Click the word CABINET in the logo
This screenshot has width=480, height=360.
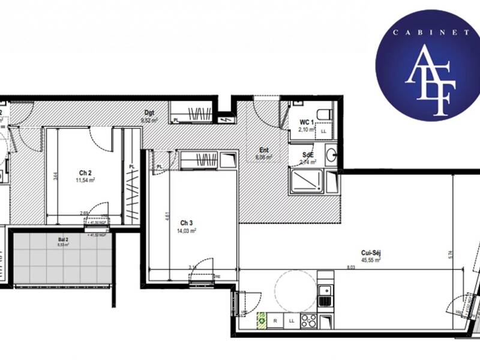tap(428, 33)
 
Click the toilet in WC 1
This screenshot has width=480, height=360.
tap(324, 113)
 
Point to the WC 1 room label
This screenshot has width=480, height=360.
tap(307, 122)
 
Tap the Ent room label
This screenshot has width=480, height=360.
tap(264, 151)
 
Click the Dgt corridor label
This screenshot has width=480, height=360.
tap(149, 112)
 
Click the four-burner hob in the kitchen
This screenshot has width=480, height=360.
tap(308, 321)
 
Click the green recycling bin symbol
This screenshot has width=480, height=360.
tap(262, 320)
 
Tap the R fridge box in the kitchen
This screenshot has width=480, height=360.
tap(275, 321)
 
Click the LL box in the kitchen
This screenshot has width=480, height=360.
tap(291, 321)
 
